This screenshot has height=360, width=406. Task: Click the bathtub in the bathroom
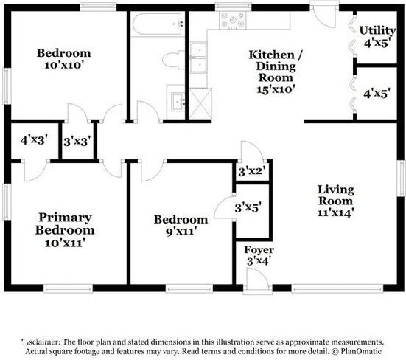click(158, 27)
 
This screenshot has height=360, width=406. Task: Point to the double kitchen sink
click(198, 59)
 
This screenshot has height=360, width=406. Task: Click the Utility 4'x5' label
click(377, 36)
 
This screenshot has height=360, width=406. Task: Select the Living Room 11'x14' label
click(336, 201)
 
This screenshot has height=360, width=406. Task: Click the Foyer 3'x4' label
click(259, 255)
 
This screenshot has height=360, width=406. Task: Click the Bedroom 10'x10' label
click(64, 59)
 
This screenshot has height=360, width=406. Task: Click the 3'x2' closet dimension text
click(251, 172)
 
